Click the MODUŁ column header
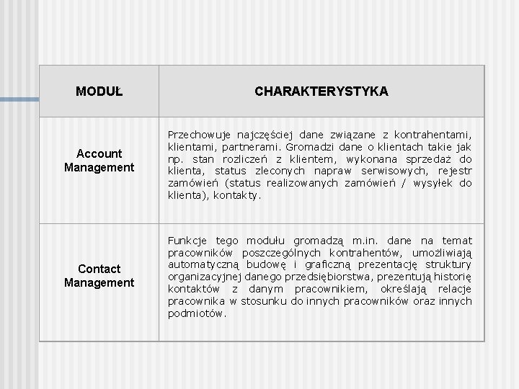click(x=99, y=91)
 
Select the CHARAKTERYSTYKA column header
click(x=321, y=91)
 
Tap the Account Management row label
click(x=99, y=160)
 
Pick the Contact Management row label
click(x=99, y=276)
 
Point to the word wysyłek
click(x=432, y=183)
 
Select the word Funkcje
click(x=187, y=241)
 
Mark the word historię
click(x=451, y=277)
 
